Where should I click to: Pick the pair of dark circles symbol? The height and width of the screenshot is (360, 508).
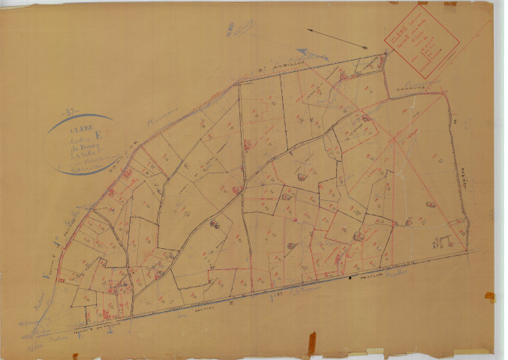tap(214, 223)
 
